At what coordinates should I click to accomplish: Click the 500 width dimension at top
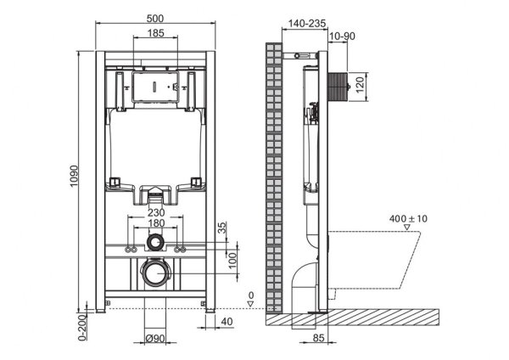tap(154, 18)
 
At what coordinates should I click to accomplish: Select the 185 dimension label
tap(155, 34)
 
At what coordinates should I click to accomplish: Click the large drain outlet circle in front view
tap(154, 274)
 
